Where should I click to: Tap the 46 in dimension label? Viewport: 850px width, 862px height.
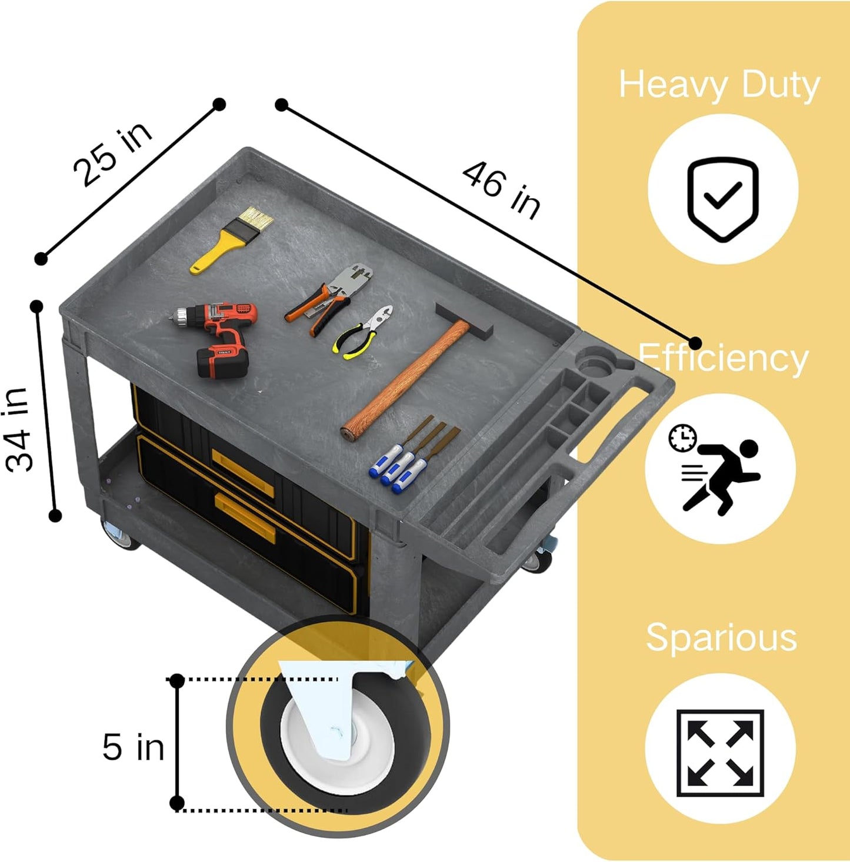(501, 190)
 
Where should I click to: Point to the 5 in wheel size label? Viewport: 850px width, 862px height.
(133, 747)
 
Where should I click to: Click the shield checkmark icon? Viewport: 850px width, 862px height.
(723, 199)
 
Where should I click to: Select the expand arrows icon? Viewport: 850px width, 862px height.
(720, 753)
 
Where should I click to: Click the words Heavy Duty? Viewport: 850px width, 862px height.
(719, 85)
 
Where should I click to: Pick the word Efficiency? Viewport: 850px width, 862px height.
(723, 358)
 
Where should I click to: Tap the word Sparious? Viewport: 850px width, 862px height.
(721, 637)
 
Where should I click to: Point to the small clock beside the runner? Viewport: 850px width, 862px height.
(682, 439)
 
